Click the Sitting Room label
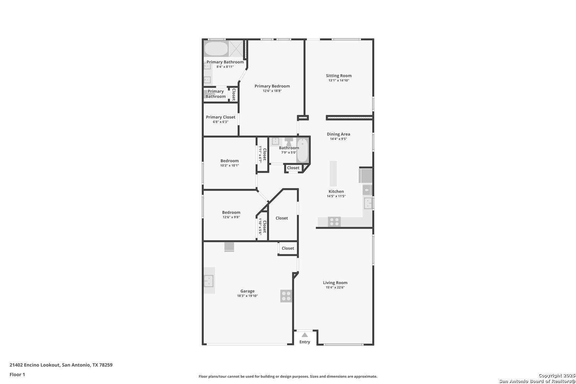coord(338,75)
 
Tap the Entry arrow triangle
coord(305,335)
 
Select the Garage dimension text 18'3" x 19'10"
coord(247,296)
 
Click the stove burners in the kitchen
coord(334,222)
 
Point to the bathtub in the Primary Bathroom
coord(216,49)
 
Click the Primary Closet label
coord(220,117)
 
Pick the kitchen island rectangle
coord(333,174)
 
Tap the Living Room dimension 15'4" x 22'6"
coord(335,287)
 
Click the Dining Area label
coord(338,134)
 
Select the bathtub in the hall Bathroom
coord(303,150)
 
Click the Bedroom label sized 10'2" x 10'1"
coord(229,161)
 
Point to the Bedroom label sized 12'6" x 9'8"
coord(231,212)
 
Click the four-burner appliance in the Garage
coord(286,296)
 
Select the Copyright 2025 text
coord(556,376)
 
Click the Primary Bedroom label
coord(272,86)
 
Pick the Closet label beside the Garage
coord(288,248)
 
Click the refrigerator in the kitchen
coord(366,176)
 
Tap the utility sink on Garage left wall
coord(209,281)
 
